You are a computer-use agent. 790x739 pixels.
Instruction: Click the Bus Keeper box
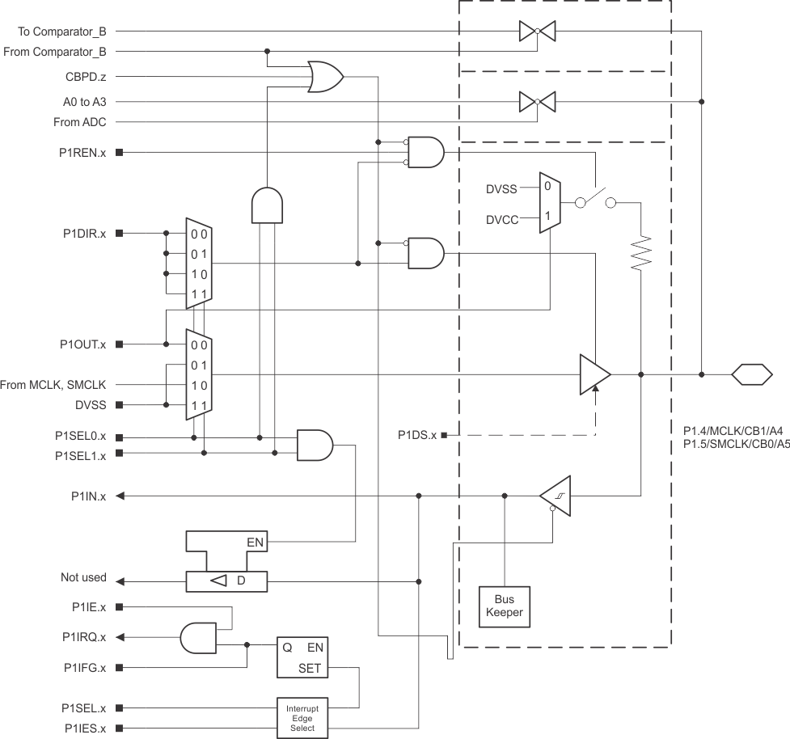(504, 605)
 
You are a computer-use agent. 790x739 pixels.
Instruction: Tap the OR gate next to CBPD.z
(326, 77)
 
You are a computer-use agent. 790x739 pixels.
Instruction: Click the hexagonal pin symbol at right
(752, 374)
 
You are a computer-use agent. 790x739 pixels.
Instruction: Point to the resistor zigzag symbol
(641, 252)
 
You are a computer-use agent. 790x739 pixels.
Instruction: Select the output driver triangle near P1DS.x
(594, 374)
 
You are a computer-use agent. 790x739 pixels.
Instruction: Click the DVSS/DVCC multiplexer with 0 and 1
(550, 202)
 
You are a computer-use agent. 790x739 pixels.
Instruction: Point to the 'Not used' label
(83, 577)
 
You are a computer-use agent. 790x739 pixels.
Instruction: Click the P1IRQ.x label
(85, 637)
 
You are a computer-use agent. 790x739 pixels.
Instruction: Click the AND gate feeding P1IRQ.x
(199, 637)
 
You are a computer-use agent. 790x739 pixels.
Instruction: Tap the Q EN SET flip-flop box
(303, 657)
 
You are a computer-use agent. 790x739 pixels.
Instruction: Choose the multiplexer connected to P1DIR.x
(199, 264)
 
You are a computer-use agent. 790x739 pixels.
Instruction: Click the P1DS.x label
(417, 435)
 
